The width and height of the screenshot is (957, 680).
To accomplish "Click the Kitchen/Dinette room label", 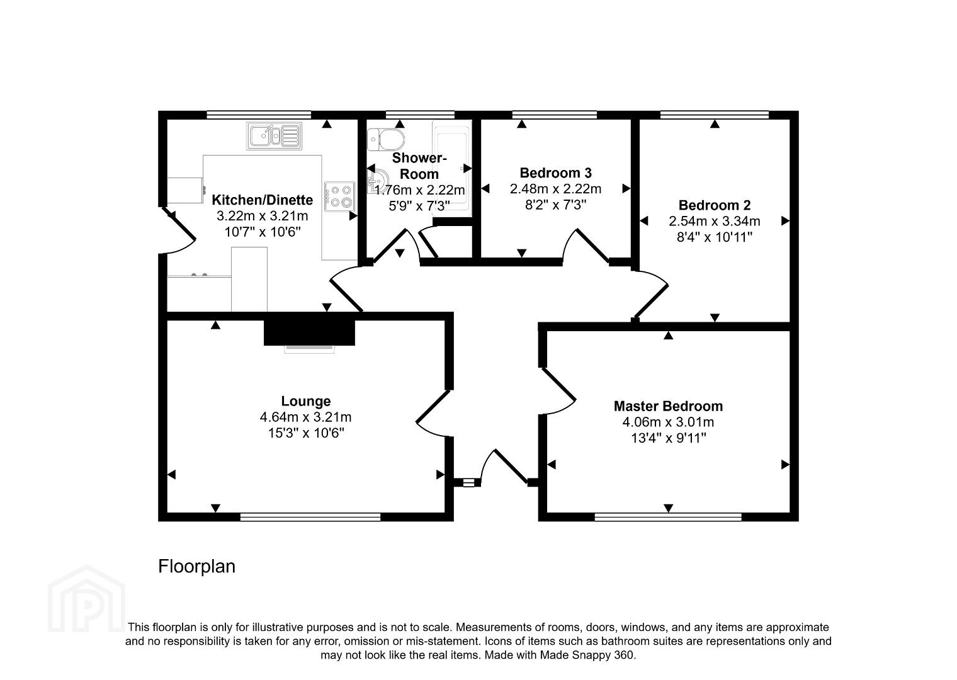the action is (263, 200).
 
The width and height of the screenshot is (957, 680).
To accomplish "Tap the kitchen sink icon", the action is (275, 136).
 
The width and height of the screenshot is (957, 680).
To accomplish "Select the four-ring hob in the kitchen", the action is (339, 196).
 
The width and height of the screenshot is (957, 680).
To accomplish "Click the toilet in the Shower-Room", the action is (386, 140).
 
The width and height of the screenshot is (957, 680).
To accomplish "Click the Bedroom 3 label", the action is (555, 173).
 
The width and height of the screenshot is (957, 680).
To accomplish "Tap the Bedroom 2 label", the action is (715, 205).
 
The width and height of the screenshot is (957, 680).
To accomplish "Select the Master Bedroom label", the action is (668, 406).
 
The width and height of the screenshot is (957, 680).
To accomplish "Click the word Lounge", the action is (306, 401).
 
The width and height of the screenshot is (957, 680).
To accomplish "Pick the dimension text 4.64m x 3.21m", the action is (306, 417).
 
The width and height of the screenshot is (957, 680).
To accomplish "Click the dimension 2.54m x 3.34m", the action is (715, 221).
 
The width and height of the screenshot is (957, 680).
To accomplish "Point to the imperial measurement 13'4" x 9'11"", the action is (669, 438).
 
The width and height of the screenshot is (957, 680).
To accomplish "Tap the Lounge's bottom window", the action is (310, 517).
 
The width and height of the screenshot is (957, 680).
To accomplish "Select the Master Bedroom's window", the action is (668, 517).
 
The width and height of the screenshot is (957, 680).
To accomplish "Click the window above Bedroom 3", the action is (555, 115).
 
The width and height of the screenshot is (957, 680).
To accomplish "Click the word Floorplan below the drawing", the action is (197, 567).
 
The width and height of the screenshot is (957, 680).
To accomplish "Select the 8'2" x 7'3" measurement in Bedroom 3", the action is (555, 205).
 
